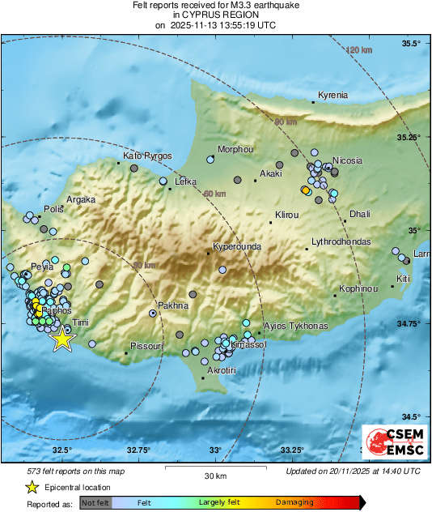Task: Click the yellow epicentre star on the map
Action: tap(62, 340)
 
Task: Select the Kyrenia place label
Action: tap(332, 96)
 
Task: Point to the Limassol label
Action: tap(248, 345)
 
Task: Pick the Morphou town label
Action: tap(236, 150)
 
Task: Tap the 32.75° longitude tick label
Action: tap(138, 450)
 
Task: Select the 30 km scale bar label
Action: tap(214, 476)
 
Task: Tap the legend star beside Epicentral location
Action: tap(32, 488)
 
